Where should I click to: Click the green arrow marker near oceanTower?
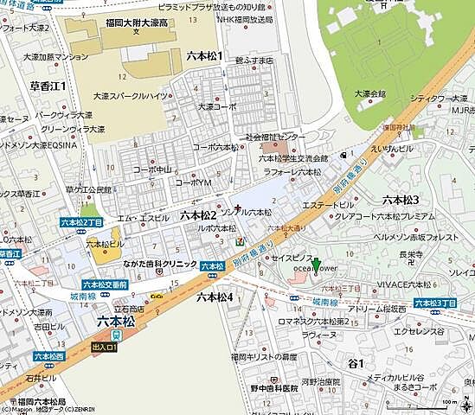pyautogui.click(x=317, y=265)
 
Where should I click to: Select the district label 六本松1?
pyautogui.click(x=204, y=56)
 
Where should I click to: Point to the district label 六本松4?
pyautogui.click(x=215, y=297)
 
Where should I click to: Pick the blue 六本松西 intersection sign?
pyautogui.click(x=49, y=354)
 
